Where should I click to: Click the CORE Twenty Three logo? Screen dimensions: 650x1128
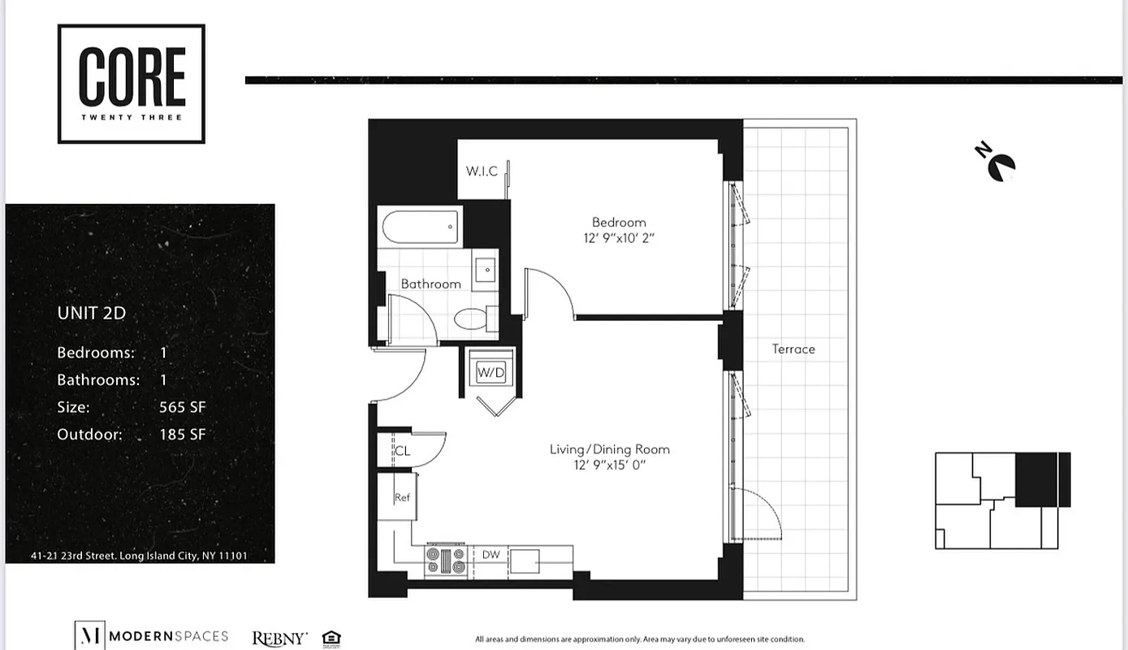[131, 84]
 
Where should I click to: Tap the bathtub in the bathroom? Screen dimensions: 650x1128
[420, 227]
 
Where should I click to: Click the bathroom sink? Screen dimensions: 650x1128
[486, 269]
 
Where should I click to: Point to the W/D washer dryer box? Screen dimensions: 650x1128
[491, 373]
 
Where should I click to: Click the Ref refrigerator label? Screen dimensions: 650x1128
[401, 497]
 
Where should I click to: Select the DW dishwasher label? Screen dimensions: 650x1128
[491, 555]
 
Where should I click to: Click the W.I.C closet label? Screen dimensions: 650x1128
[482, 171]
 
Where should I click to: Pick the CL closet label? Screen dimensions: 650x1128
[402, 451]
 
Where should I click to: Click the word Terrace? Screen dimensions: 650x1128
[793, 349]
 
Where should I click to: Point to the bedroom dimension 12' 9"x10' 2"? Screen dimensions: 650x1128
[619, 238]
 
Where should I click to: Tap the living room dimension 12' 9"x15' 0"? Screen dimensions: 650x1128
[609, 465]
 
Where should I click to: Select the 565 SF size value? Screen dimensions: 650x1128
[182, 407]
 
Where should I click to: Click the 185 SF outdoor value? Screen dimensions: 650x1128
[182, 434]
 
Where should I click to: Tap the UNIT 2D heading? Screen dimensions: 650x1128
[91, 313]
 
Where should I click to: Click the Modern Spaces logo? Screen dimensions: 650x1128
[151, 636]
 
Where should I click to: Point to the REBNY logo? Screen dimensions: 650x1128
[279, 638]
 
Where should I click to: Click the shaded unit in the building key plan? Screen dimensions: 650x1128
[1042, 479]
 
